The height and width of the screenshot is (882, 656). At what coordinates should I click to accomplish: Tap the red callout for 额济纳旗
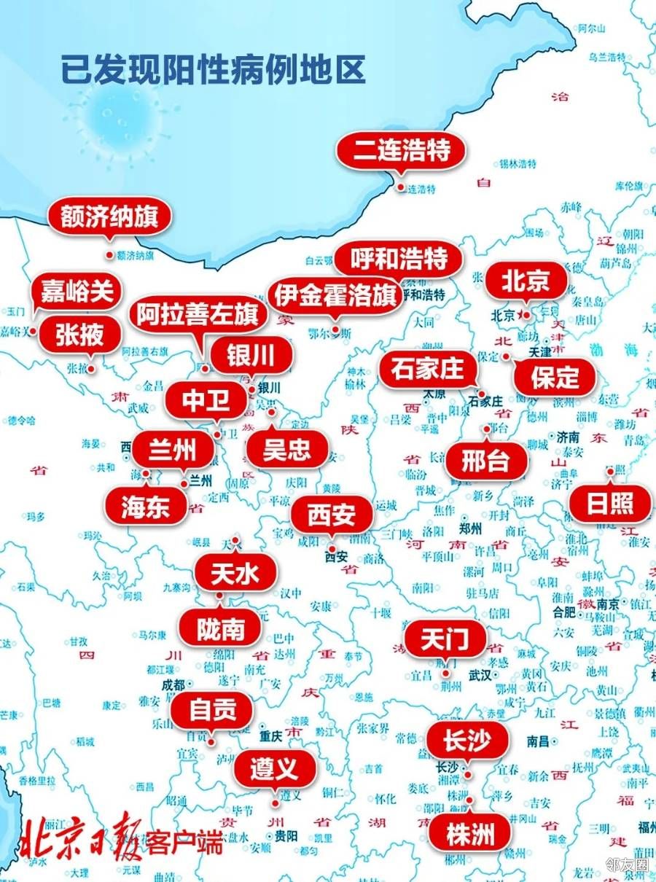point(109,217)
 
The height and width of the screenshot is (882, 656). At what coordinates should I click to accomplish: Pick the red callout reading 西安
point(332,515)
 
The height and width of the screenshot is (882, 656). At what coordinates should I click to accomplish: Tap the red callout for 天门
point(445,639)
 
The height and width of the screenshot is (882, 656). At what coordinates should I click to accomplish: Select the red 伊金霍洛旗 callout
point(335,296)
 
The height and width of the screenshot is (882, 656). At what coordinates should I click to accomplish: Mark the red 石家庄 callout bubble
point(427,369)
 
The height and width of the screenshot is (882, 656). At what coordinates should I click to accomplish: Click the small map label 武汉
point(481,676)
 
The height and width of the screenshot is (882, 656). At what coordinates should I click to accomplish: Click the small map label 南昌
point(538,741)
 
